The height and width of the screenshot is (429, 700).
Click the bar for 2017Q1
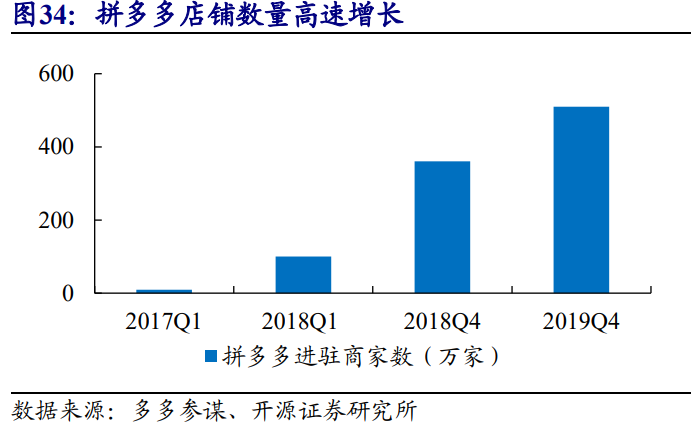(x=163, y=291)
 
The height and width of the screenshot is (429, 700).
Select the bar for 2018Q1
(x=303, y=275)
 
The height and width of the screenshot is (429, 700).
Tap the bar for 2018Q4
(x=442, y=227)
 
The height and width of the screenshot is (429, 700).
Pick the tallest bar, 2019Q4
(x=581, y=200)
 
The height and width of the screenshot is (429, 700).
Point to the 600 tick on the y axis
(x=56, y=75)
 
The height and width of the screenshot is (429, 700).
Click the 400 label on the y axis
(x=56, y=148)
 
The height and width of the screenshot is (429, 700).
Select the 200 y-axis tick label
(x=56, y=221)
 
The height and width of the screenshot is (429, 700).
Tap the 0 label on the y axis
(x=68, y=294)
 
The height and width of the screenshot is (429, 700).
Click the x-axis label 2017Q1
(x=163, y=321)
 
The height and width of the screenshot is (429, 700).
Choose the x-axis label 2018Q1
(x=303, y=321)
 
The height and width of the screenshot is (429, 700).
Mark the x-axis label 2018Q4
(x=442, y=321)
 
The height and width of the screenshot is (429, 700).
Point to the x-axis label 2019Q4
(x=581, y=321)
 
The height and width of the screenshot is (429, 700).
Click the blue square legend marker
(x=211, y=356)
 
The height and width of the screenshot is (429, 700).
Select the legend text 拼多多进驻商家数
(x=306, y=356)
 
